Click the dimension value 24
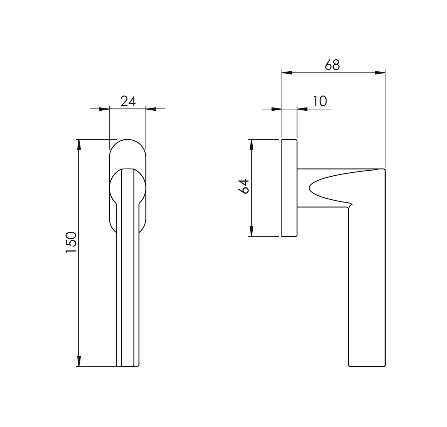point(128,101)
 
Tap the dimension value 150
point(71,243)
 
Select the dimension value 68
point(332,65)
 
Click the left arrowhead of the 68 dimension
point(287,73)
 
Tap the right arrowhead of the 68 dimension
point(380,73)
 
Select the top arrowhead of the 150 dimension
point(79,145)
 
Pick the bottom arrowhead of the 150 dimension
point(79,361)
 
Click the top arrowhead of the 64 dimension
point(251,145)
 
